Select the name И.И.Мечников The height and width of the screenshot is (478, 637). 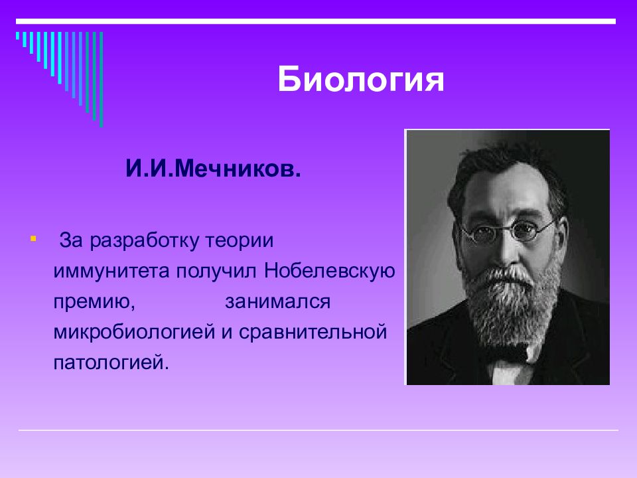tap(213, 169)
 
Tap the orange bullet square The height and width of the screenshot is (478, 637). tap(33, 238)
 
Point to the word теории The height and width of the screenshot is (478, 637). tap(240, 240)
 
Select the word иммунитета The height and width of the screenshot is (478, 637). tap(111, 271)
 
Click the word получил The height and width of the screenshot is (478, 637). tap(216, 271)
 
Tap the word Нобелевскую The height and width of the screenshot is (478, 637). tap(330, 271)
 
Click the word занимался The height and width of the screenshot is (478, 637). tap(278, 301)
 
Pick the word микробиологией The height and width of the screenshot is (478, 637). tap(134, 332)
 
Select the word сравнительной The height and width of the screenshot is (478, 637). tap(313, 332)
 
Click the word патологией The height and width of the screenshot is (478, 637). tap(111, 362)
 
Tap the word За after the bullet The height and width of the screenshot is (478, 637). tap(71, 240)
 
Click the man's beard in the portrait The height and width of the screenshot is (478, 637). tap(511, 309)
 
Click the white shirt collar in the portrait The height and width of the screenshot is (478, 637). tap(506, 372)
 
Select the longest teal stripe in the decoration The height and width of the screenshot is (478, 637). tap(101, 79)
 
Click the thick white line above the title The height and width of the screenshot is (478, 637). tap(316, 21)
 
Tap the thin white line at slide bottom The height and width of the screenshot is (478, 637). tap(318, 430)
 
